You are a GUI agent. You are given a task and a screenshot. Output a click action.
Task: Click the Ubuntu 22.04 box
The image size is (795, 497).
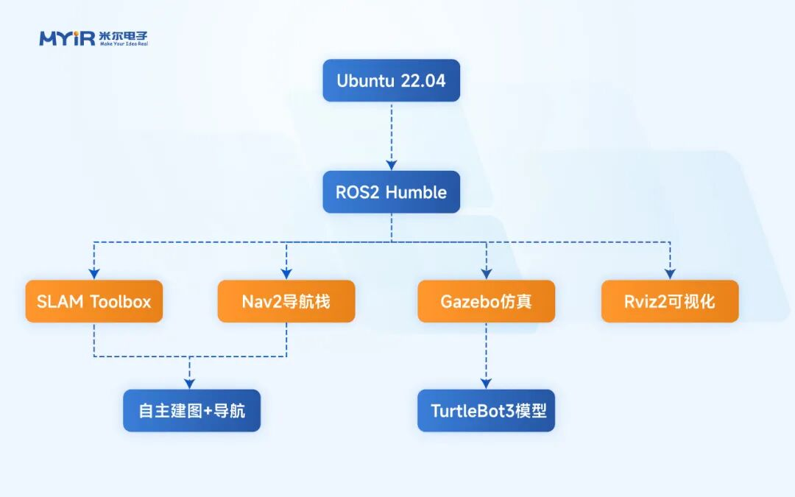click(391, 80)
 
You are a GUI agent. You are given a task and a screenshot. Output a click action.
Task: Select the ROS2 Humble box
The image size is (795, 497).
click(391, 192)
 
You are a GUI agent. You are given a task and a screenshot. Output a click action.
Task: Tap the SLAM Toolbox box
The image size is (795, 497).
click(93, 301)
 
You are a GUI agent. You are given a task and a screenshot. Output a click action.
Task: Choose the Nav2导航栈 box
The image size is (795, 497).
click(286, 301)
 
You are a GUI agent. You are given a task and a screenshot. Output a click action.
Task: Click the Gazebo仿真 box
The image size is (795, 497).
click(486, 301)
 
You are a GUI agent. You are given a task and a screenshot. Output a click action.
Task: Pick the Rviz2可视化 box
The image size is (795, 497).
click(670, 301)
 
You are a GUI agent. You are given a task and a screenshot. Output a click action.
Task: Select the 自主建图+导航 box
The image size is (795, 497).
click(191, 410)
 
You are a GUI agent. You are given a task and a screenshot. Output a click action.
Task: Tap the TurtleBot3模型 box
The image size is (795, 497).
click(486, 410)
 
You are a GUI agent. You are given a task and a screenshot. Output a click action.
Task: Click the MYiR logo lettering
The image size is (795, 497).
click(67, 38)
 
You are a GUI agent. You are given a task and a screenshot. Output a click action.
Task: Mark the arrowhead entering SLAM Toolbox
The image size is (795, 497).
click(93, 273)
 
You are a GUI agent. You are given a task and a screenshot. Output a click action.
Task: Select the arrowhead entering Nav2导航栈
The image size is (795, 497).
click(286, 273)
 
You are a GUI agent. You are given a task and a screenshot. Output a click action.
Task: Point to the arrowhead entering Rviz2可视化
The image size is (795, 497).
click(670, 273)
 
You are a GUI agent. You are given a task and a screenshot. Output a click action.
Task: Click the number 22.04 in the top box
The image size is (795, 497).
click(423, 81)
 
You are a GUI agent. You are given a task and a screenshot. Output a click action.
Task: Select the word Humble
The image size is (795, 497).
click(416, 192)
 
